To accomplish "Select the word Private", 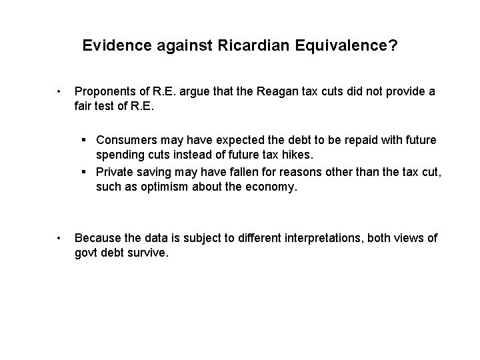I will [115, 173].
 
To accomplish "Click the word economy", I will [269, 187].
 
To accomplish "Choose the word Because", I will [99, 238].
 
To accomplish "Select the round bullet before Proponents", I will [60, 91].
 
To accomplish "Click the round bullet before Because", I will [60, 239].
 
